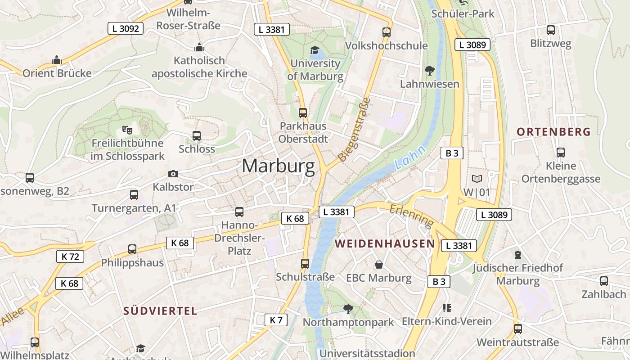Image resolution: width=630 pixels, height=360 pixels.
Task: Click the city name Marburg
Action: point(278,166)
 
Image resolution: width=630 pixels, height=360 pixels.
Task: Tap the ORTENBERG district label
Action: point(553,132)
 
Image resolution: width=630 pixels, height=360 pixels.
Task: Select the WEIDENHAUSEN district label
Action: point(385,244)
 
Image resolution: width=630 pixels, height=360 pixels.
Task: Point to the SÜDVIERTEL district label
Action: point(160,310)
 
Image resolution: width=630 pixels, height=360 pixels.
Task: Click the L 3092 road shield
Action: point(126,29)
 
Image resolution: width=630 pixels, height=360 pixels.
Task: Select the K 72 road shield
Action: point(70,257)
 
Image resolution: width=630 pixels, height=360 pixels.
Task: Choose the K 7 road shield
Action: point(276,320)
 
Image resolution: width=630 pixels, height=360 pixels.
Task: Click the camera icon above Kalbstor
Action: point(173,174)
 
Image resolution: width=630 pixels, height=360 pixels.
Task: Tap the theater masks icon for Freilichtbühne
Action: point(127,130)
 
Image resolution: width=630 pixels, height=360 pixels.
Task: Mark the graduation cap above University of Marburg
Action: point(315,50)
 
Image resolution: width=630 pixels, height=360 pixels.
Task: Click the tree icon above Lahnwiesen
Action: point(429,70)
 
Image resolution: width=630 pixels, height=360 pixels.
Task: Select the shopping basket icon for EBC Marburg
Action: point(379,265)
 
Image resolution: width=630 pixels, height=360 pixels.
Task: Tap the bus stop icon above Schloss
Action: point(196,135)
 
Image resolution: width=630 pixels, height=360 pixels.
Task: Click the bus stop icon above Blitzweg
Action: point(550,30)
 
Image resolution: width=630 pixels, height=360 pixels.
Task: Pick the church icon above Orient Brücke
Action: point(57,60)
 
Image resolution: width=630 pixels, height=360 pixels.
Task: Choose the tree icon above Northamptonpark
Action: point(348,309)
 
